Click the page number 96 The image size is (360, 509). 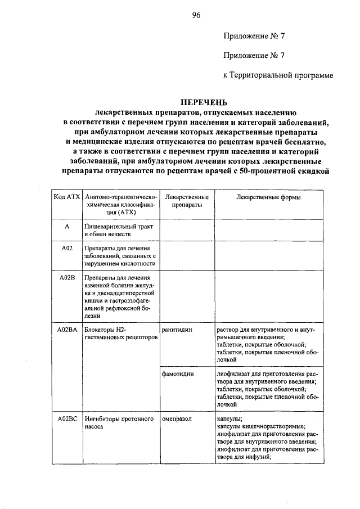[x=196, y=15]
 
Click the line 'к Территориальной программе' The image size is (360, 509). [x=278, y=75]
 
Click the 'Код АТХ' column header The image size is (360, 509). [x=67, y=197]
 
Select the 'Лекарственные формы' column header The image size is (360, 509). [x=269, y=197]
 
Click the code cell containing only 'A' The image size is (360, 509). [x=66, y=226]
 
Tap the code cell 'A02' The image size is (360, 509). [x=66, y=247]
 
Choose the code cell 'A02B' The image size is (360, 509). [x=66, y=277]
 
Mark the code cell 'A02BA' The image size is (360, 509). [x=67, y=328]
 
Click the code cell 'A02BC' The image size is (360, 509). [x=67, y=419]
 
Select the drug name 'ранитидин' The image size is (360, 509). [x=176, y=328]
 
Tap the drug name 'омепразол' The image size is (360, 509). [x=177, y=419]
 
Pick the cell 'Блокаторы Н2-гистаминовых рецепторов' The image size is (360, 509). [x=118, y=332]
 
